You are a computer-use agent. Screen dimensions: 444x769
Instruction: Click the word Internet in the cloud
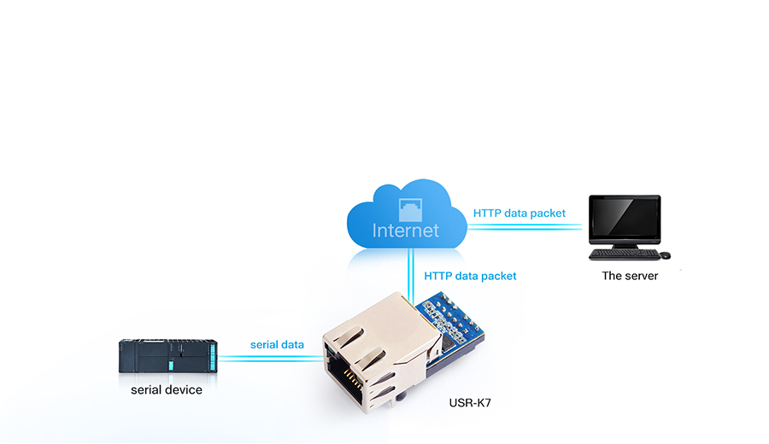[406, 231]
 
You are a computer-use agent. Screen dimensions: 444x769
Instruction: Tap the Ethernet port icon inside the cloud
[411, 207]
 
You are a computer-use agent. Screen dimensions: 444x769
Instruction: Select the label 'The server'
[630, 276]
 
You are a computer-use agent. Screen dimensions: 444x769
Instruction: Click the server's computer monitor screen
[625, 219]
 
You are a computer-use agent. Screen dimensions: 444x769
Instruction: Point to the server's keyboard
[624, 254]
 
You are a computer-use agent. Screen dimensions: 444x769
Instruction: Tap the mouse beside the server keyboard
[665, 254]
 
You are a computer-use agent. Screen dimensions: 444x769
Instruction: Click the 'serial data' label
[277, 345]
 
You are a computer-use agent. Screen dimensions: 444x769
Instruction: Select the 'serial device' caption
[167, 390]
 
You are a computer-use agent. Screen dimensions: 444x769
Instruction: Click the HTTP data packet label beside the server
[519, 213]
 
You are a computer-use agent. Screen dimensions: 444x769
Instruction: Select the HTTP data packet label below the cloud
[470, 276]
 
